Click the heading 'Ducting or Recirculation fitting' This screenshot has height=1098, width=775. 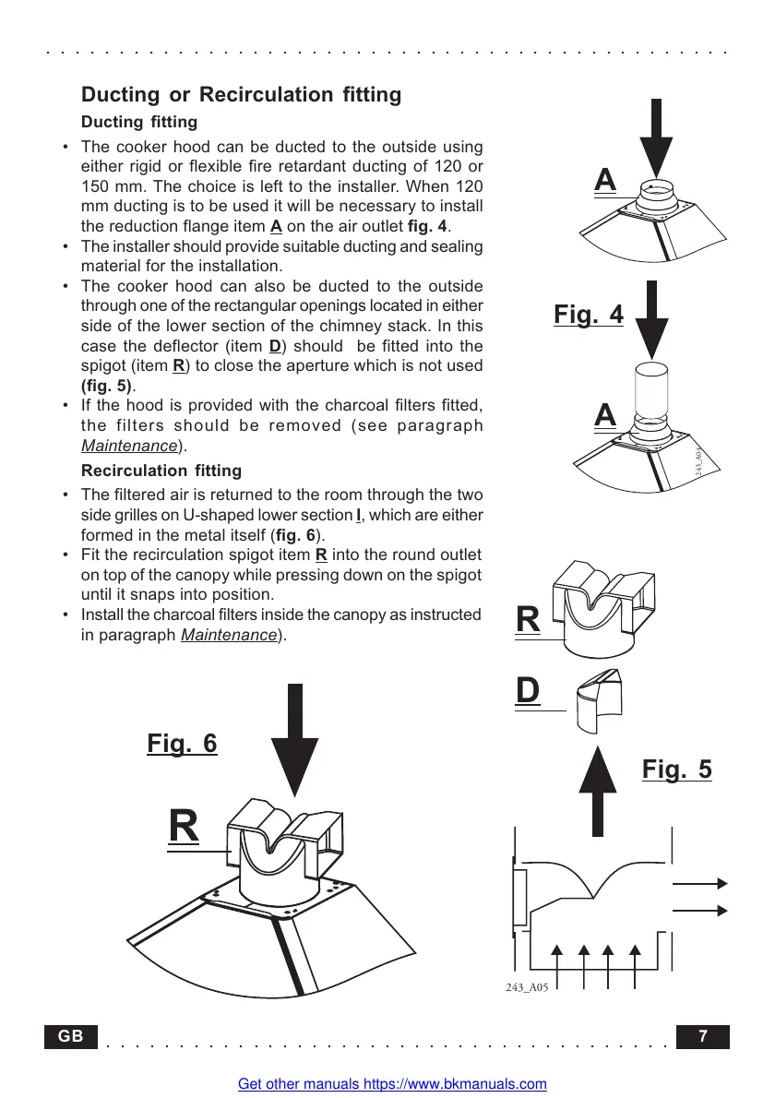[x=242, y=94]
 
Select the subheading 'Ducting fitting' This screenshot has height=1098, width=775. [x=139, y=122]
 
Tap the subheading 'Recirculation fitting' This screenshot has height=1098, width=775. [x=161, y=471]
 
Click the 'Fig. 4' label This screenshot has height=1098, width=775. [x=589, y=315]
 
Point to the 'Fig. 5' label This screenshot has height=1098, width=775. [x=676, y=769]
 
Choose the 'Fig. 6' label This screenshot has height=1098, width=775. [x=182, y=743]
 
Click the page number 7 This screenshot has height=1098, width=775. [x=704, y=1036]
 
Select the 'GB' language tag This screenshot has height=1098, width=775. [x=71, y=1036]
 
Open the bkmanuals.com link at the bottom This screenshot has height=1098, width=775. [x=392, y=1084]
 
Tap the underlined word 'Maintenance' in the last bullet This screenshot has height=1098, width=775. [x=229, y=635]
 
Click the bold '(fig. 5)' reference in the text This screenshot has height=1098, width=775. [x=105, y=384]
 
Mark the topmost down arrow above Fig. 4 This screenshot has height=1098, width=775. [x=656, y=138]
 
